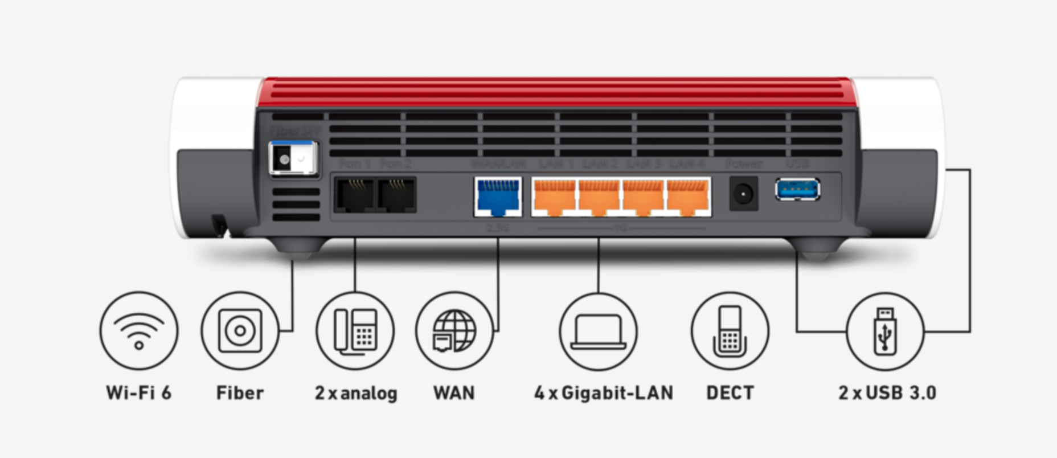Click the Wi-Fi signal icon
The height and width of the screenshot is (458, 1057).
(139, 331)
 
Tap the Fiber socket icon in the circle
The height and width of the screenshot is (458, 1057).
(240, 331)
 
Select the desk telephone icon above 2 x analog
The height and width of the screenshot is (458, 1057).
(355, 331)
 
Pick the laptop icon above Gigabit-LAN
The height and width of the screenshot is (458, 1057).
(598, 331)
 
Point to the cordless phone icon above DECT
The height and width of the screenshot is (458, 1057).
(730, 331)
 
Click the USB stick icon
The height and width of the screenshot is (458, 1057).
(884, 332)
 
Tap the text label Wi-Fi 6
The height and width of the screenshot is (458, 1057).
(138, 392)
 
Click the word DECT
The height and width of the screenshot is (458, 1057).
(730, 392)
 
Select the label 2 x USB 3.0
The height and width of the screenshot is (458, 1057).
(887, 392)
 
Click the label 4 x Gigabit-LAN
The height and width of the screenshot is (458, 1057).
(604, 392)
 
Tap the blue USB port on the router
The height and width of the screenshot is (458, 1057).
(797, 189)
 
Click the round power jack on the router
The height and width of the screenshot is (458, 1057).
(743, 194)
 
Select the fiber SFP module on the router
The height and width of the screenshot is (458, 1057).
(293, 158)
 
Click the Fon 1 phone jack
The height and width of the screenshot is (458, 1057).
(354, 195)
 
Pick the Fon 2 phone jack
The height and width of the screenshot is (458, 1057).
(397, 195)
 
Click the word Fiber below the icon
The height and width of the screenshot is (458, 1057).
(240, 392)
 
